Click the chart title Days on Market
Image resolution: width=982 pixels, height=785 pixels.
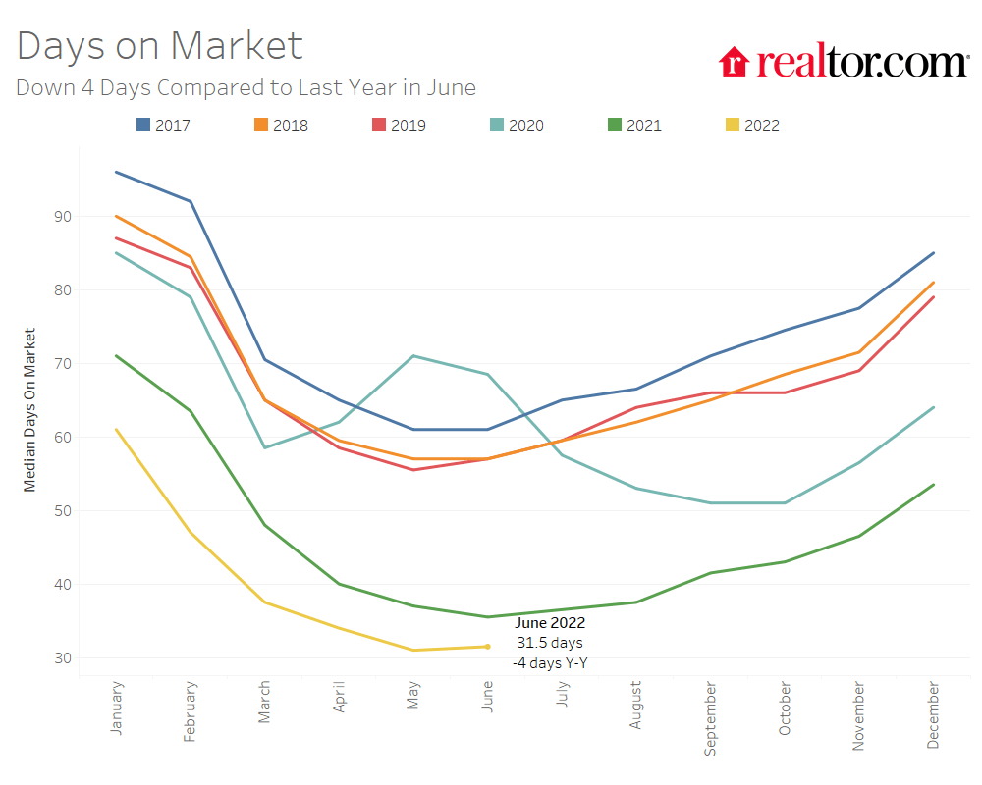160,46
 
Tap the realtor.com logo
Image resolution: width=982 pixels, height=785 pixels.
844,62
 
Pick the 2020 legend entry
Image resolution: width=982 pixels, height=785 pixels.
517,125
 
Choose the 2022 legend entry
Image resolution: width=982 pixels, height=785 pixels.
752,125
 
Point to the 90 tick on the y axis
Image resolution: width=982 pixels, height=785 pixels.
61,216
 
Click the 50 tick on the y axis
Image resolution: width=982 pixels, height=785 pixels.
61,510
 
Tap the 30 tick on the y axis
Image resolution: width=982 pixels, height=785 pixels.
61,657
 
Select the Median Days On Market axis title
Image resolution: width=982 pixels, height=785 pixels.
29,409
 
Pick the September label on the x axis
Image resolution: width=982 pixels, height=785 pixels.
710,719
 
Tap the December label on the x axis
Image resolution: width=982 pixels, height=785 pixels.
932,717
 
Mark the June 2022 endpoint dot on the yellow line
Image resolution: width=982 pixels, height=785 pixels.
488,646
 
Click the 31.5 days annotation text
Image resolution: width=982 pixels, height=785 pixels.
550,643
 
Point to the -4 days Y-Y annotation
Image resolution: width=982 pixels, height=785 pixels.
550,663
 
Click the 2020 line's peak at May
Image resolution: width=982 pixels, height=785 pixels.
413,356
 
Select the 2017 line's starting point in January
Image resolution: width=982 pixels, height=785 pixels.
117,172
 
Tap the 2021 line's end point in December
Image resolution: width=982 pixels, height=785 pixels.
932,484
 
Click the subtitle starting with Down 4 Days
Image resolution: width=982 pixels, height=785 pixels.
245,87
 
